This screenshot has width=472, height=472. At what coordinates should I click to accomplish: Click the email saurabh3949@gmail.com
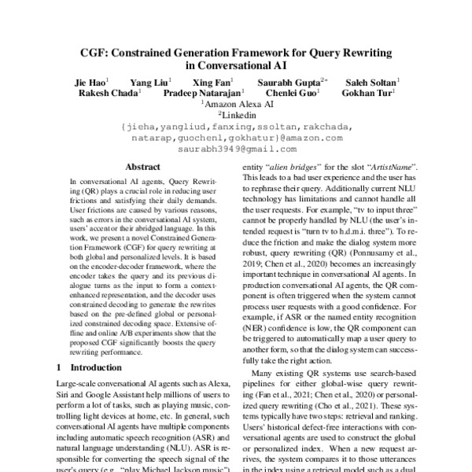tap(236, 148)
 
